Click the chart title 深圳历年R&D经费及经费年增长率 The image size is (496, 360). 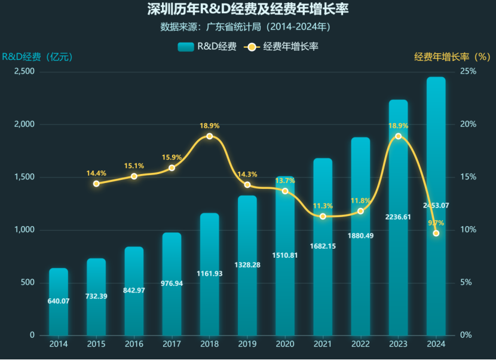click(248, 10)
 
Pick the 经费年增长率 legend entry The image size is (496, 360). click(282, 47)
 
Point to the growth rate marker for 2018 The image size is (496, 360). click(209, 136)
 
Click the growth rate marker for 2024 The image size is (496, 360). click(436, 233)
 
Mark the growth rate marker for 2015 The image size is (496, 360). click(96, 184)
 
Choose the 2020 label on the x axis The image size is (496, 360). click(285, 344)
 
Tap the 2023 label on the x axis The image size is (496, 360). click(398, 344)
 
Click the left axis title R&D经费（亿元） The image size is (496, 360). click(37, 57)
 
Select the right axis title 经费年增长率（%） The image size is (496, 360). click(452, 57)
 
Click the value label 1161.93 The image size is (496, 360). click(209, 274)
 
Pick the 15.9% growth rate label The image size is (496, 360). click(172, 157)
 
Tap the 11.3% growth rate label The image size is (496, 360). click(323, 206)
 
